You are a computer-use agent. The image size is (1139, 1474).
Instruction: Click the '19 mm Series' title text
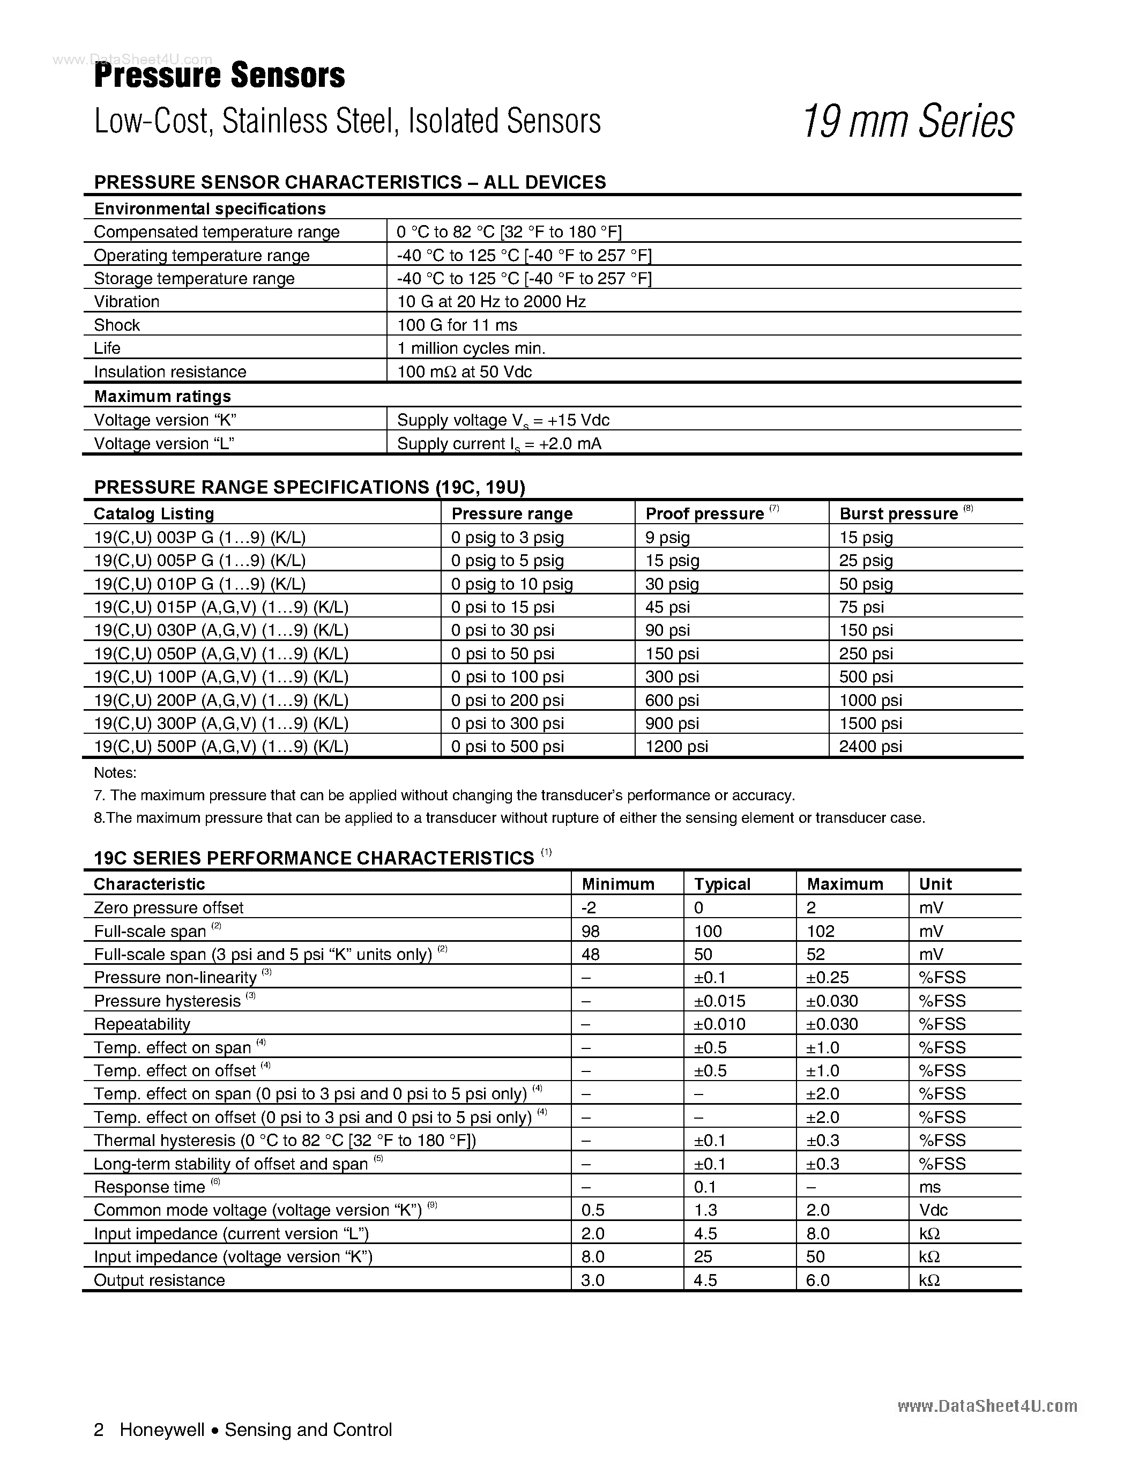click(x=908, y=122)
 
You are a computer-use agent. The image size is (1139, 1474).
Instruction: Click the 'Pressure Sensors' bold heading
click(x=219, y=76)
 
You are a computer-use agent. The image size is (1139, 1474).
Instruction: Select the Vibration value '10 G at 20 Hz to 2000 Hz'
click(x=491, y=302)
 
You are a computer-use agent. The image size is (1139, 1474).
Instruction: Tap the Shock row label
click(x=117, y=325)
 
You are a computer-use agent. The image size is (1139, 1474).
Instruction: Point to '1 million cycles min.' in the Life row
click(x=471, y=348)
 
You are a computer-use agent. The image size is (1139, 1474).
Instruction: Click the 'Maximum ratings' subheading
click(x=162, y=396)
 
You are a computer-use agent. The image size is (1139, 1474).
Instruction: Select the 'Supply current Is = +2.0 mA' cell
click(x=498, y=444)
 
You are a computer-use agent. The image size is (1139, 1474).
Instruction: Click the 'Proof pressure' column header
click(x=704, y=513)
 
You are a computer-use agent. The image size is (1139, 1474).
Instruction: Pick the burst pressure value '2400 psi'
click(x=870, y=747)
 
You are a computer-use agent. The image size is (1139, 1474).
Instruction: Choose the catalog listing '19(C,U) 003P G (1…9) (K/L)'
click(x=200, y=537)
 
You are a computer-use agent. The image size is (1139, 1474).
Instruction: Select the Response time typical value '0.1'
click(x=705, y=1187)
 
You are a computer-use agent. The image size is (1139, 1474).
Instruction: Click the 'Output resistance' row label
click(x=159, y=1281)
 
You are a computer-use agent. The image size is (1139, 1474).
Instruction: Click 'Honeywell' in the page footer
click(x=162, y=1430)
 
